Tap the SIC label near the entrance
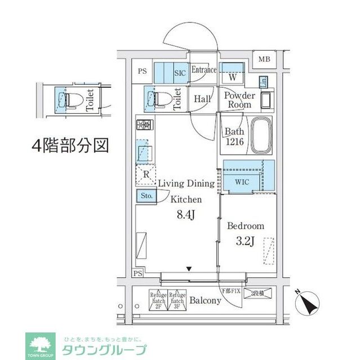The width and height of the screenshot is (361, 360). click(180, 73)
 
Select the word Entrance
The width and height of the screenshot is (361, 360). click(203, 70)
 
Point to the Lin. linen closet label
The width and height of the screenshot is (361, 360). click(264, 82)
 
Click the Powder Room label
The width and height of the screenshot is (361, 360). click(239, 100)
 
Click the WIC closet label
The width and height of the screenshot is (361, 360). click(242, 182)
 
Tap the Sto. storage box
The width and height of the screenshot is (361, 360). click(146, 196)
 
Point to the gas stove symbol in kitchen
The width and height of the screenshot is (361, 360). click(143, 125)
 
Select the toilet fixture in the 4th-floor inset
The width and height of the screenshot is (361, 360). click(70, 100)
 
